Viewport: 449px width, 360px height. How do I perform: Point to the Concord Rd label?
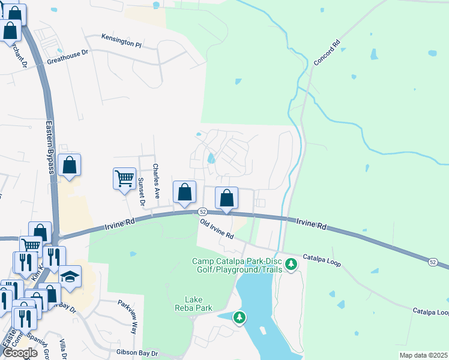327,53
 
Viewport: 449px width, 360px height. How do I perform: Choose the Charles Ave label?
155,181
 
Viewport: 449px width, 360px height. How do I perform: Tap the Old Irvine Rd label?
216,229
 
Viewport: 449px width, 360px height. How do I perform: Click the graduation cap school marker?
70,276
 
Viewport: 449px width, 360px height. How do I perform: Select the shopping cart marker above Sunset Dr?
124,178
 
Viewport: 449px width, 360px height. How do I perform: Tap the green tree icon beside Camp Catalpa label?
291,264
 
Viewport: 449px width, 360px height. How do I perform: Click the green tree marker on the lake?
240,316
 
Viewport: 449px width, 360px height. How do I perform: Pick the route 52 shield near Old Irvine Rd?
203,212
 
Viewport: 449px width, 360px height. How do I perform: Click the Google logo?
21,353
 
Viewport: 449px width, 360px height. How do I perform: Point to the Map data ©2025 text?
423,355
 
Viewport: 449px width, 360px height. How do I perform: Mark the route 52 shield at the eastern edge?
433,262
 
